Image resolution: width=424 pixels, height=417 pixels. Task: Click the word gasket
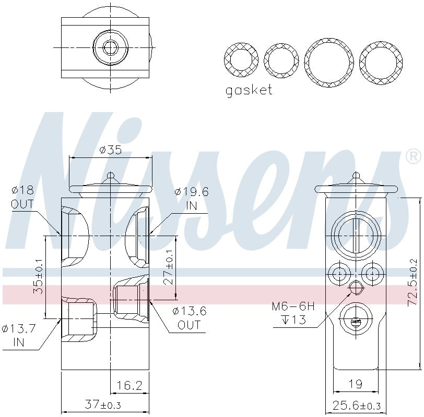click(x=249, y=90)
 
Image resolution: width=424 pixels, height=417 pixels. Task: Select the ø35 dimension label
click(x=110, y=150)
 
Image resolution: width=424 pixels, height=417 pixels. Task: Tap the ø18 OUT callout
click(x=22, y=198)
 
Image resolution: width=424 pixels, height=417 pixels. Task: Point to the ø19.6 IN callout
click(x=192, y=199)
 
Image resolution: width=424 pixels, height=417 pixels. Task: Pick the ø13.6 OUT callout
click(x=190, y=318)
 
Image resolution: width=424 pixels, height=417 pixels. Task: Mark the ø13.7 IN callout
click(x=19, y=335)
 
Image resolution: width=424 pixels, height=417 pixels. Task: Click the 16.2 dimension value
click(x=129, y=385)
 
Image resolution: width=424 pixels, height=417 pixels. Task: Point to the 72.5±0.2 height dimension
click(x=413, y=282)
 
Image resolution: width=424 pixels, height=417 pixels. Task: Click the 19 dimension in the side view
click(x=355, y=385)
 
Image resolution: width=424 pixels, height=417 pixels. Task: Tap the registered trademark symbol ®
click(x=413, y=156)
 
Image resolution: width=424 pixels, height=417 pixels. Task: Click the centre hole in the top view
click(x=109, y=48)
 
